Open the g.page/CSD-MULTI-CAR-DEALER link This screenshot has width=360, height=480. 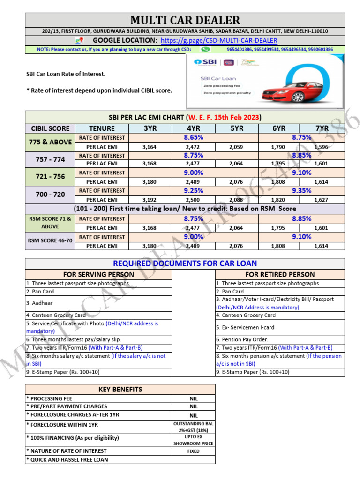click(x=218, y=41)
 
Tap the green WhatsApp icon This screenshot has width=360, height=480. click(x=205, y=49)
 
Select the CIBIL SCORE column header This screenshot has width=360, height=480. click(x=50, y=128)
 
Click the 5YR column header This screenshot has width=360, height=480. click(x=237, y=128)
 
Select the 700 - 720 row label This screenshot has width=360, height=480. click(x=50, y=194)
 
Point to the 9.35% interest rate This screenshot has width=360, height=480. click(x=301, y=190)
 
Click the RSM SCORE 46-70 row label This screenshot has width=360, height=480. click(x=50, y=241)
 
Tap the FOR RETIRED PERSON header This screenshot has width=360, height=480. click(x=280, y=274)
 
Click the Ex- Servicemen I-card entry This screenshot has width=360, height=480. click(x=245, y=327)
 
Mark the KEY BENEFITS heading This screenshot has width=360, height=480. click(x=120, y=389)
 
